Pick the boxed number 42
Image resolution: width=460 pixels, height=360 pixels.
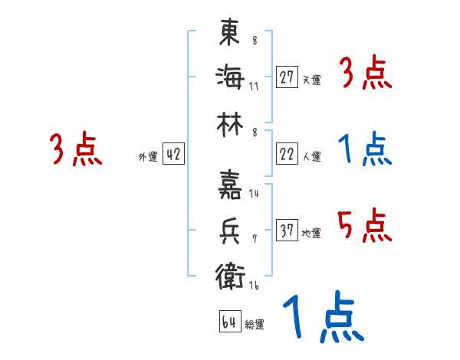coord(173,155)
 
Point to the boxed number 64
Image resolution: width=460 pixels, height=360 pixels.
coord(228,322)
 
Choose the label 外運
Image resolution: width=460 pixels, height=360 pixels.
coord(148,157)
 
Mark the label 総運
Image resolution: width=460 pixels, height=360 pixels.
coord(255,324)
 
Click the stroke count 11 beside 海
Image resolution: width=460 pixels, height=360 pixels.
coord(254,86)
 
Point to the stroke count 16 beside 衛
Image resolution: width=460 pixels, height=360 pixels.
coord(254,285)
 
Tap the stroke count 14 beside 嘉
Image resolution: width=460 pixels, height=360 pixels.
coord(254,194)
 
